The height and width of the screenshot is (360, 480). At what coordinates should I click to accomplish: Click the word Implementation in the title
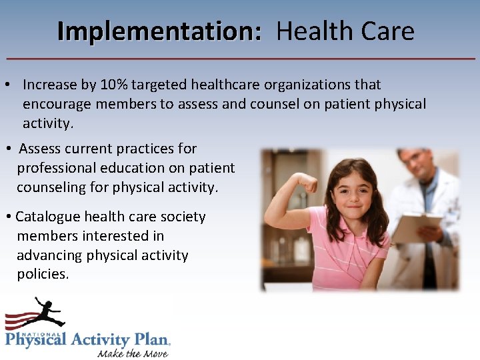pos(159,31)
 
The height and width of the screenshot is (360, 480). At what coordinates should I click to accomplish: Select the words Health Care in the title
pos(345,31)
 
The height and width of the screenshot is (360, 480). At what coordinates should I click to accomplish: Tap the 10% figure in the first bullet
pos(113,85)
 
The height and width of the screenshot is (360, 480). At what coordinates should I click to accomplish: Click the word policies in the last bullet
pos(43,274)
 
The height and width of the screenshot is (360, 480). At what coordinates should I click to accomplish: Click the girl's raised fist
pos(307,181)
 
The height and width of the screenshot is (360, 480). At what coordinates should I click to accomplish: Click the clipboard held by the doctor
pos(414,227)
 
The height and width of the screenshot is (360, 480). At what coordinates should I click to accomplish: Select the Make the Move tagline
pos(133,353)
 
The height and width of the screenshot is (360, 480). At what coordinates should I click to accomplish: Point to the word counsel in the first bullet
pos(275,104)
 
